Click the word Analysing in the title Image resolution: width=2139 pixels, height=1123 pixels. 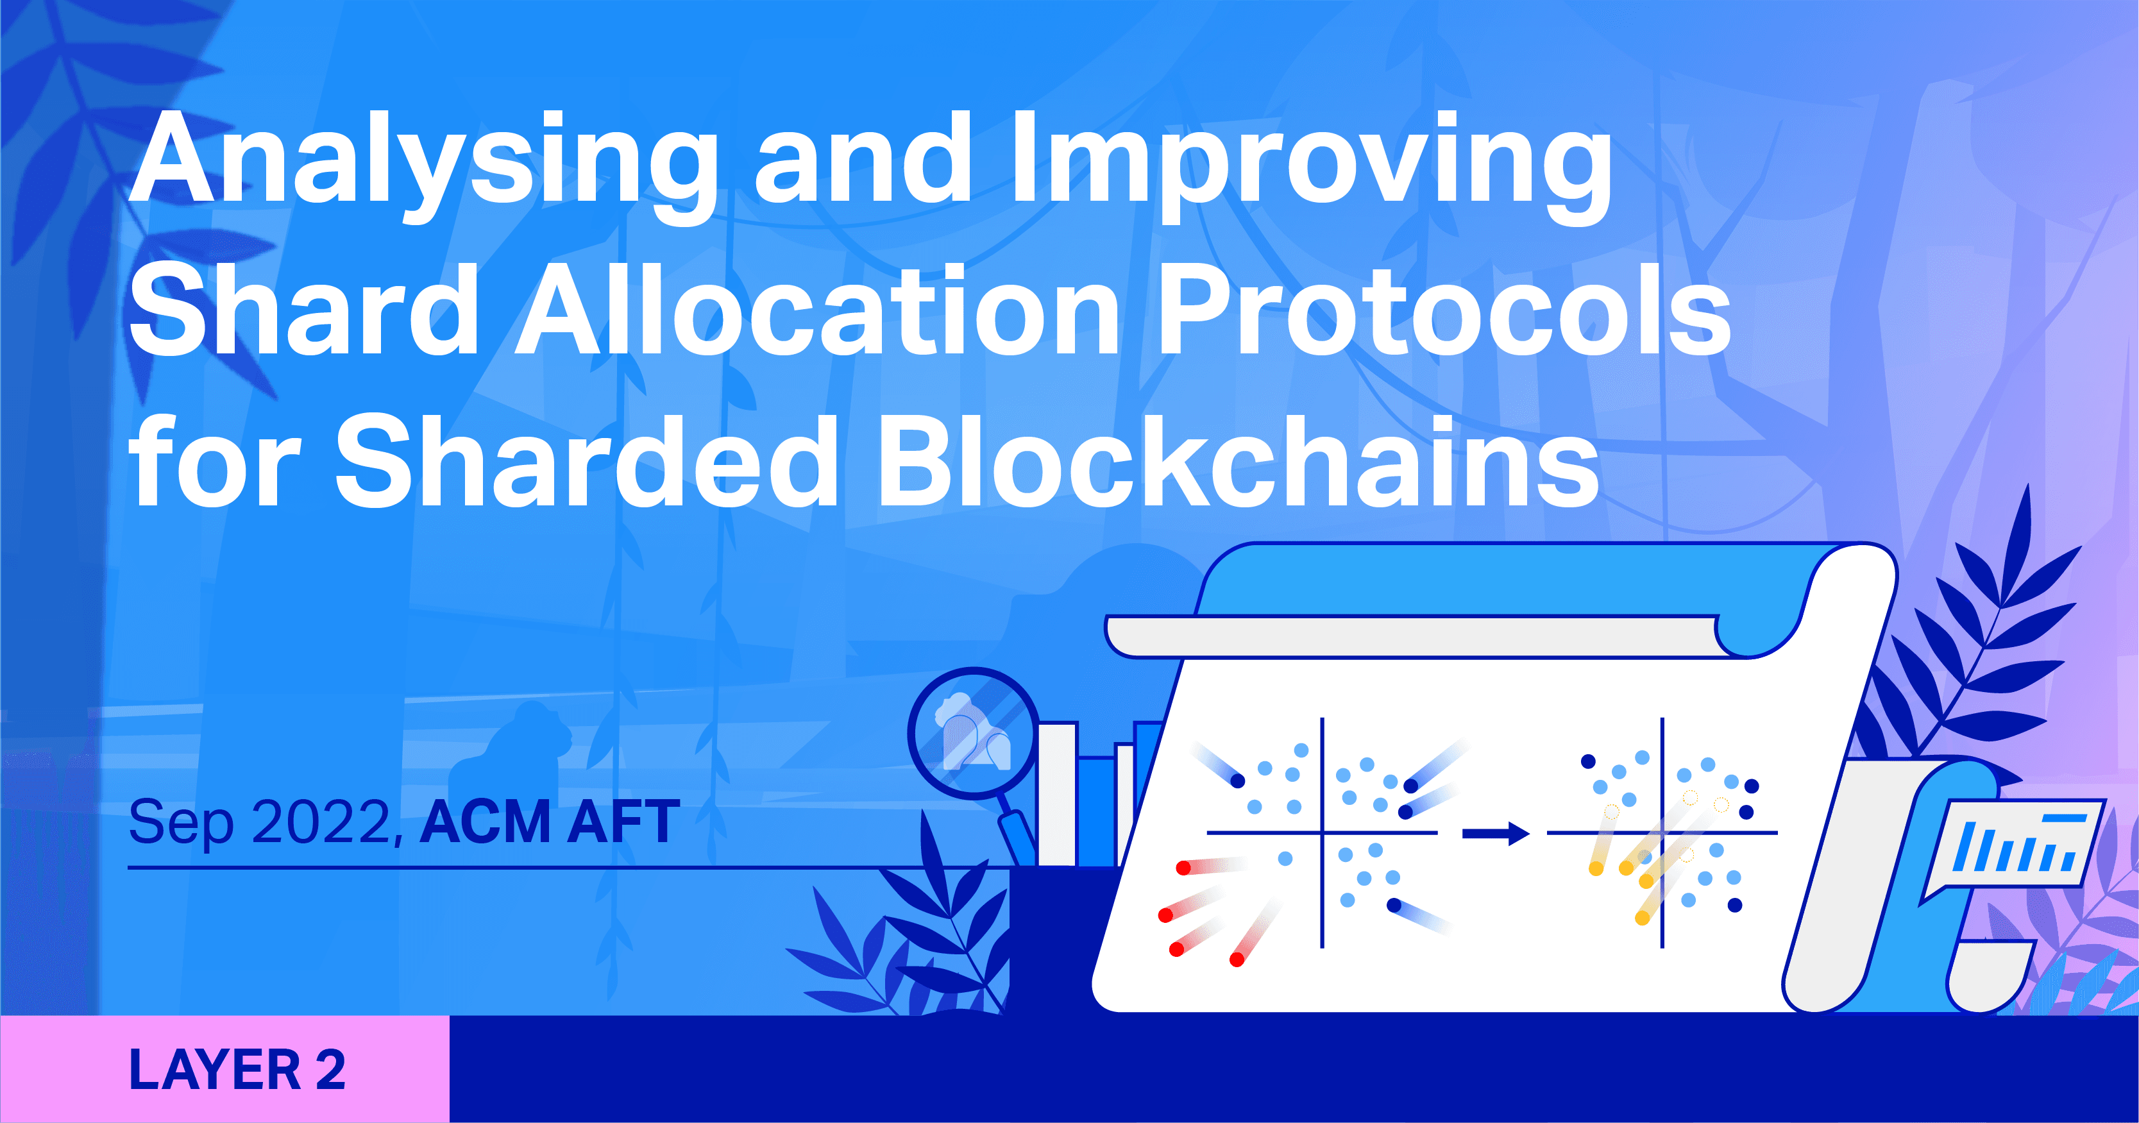pyautogui.click(x=423, y=162)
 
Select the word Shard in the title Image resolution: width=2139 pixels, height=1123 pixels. pyautogui.click(x=304, y=312)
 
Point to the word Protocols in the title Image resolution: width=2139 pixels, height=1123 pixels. pyautogui.click(x=1443, y=312)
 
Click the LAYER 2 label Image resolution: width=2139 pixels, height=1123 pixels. pyautogui.click(x=237, y=1070)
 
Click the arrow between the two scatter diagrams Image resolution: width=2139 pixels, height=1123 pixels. pyautogui.click(x=1494, y=833)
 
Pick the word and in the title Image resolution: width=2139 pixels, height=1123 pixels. pyautogui.click(x=863, y=162)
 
